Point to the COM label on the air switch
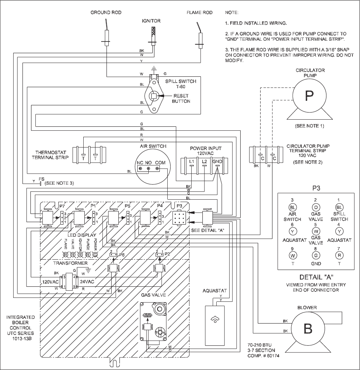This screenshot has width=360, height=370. [x=161, y=162]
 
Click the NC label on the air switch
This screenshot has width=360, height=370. [x=140, y=162]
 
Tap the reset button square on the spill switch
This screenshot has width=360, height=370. [x=153, y=95]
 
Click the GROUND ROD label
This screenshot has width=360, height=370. [x=106, y=12]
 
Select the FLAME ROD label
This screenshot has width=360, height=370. [x=199, y=12]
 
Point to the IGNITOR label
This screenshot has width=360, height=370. [x=151, y=21]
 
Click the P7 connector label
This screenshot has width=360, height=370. [x=62, y=206]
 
